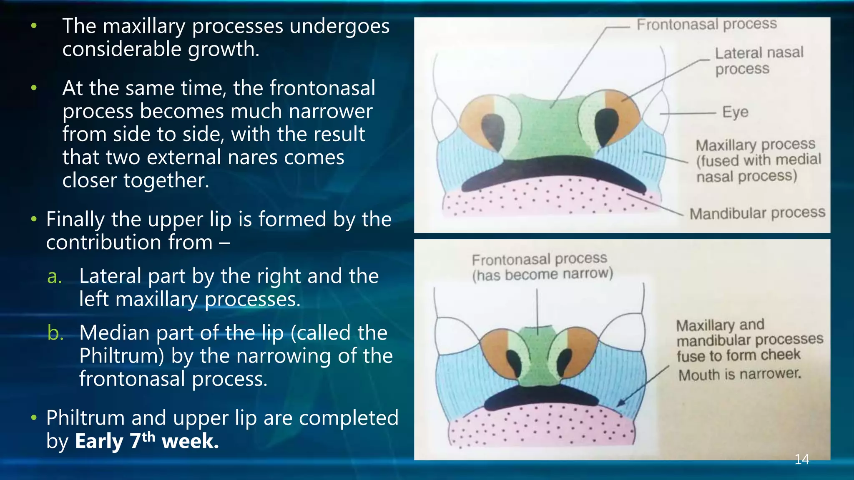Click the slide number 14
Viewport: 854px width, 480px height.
click(x=801, y=459)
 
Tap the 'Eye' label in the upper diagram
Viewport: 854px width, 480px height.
click(x=735, y=112)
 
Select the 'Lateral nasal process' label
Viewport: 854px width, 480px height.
click(x=759, y=60)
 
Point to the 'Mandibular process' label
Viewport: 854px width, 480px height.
click(x=757, y=213)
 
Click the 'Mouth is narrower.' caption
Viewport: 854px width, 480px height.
click(x=739, y=374)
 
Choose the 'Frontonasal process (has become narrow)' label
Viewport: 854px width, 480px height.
click(x=542, y=267)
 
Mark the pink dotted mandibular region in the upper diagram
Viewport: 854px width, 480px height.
click(x=542, y=198)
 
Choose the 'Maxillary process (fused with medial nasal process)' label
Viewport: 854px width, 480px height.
click(x=757, y=160)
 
